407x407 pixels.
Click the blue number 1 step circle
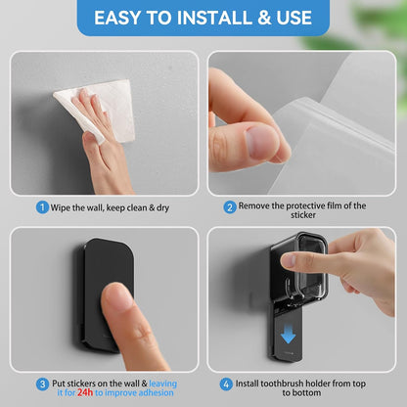point(42,207)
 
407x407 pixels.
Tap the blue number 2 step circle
point(230,207)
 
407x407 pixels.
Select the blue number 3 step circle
point(42,384)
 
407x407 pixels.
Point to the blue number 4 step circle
point(226,384)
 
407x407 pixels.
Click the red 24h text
point(85,392)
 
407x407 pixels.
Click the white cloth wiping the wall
point(98,110)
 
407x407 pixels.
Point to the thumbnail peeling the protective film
point(261,143)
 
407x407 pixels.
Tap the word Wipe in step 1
point(60,208)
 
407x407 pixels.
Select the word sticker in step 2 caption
point(303,215)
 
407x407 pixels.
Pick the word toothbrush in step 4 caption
point(278,384)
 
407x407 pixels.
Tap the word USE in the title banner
point(294,18)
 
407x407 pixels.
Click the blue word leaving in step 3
point(163,384)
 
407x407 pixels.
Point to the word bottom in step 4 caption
point(307,392)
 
